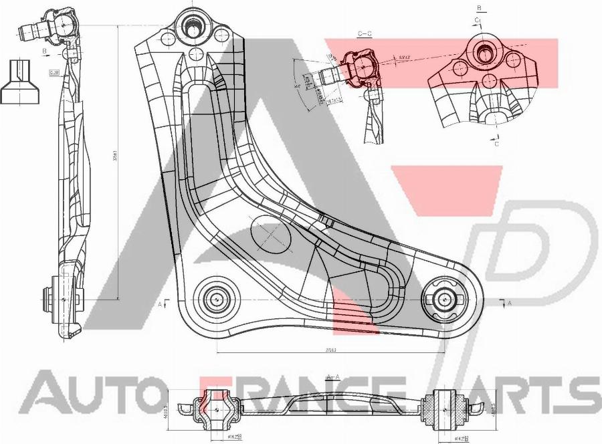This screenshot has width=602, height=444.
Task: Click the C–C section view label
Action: click(365, 33)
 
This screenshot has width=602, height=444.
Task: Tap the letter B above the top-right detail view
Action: click(480, 8)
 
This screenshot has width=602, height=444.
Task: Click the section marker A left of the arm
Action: click(161, 304)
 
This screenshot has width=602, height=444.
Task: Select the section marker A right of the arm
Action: click(510, 303)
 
